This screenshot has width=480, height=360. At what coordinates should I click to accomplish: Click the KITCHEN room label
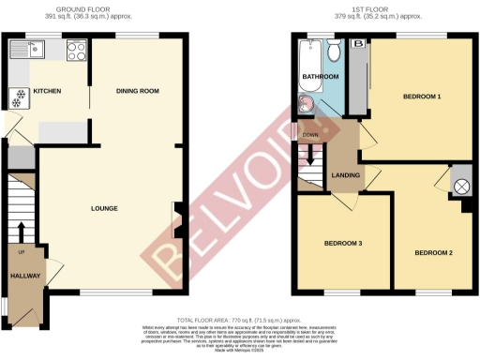47,91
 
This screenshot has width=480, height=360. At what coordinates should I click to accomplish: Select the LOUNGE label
103,208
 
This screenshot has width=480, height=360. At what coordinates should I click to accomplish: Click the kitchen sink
35,49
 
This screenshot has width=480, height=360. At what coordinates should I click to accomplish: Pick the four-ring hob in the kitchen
75,49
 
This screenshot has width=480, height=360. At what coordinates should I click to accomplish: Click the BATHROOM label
320,75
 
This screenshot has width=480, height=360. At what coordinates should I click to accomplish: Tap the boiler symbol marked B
357,44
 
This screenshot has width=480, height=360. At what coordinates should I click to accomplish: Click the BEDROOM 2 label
435,252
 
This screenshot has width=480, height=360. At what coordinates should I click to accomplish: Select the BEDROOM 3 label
343,245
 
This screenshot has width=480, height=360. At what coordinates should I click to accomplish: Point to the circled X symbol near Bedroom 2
461,186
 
